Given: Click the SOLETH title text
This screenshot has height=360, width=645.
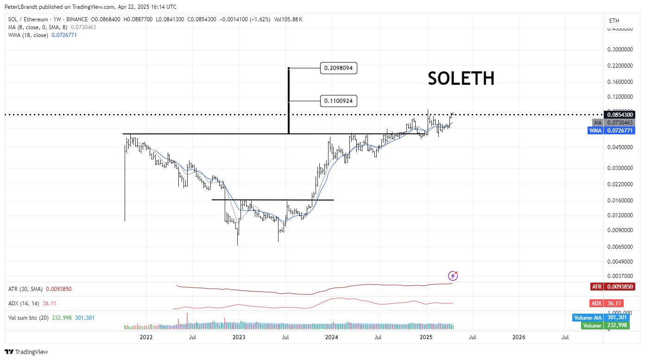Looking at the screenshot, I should [461, 78].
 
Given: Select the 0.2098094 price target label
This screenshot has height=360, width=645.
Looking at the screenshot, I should [338, 68].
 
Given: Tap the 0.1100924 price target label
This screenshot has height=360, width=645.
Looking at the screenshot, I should [338, 101].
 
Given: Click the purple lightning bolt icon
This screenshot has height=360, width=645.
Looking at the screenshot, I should [453, 276].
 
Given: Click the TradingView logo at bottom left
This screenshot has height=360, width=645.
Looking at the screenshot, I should [26, 352].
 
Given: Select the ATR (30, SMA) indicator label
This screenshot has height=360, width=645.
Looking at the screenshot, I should [25, 289].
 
